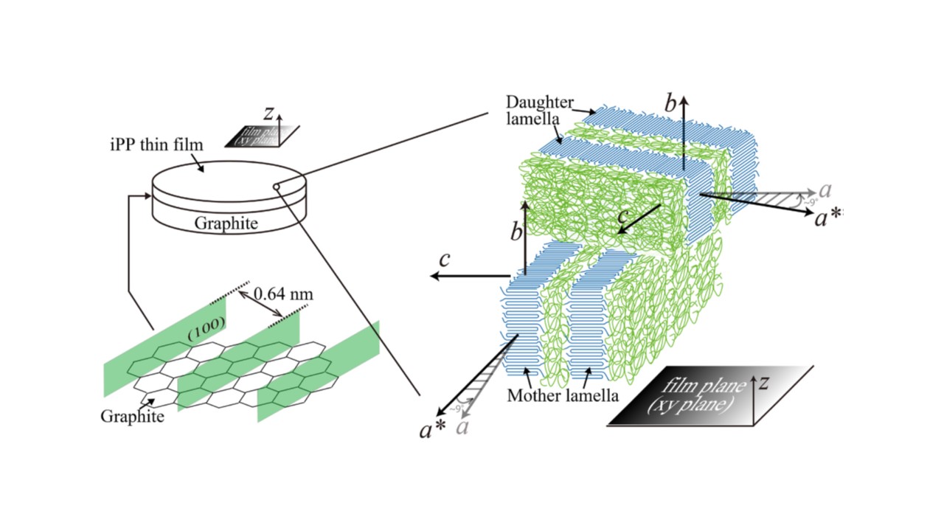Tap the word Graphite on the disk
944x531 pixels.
[x=226, y=223]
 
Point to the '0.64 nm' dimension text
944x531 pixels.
[x=283, y=294]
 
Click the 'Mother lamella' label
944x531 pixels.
[x=562, y=395]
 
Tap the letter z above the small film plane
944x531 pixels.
[x=269, y=113]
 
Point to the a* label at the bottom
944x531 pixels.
[x=431, y=430]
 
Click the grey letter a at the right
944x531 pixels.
[x=825, y=190]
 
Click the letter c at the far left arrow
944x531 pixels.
[x=444, y=260]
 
